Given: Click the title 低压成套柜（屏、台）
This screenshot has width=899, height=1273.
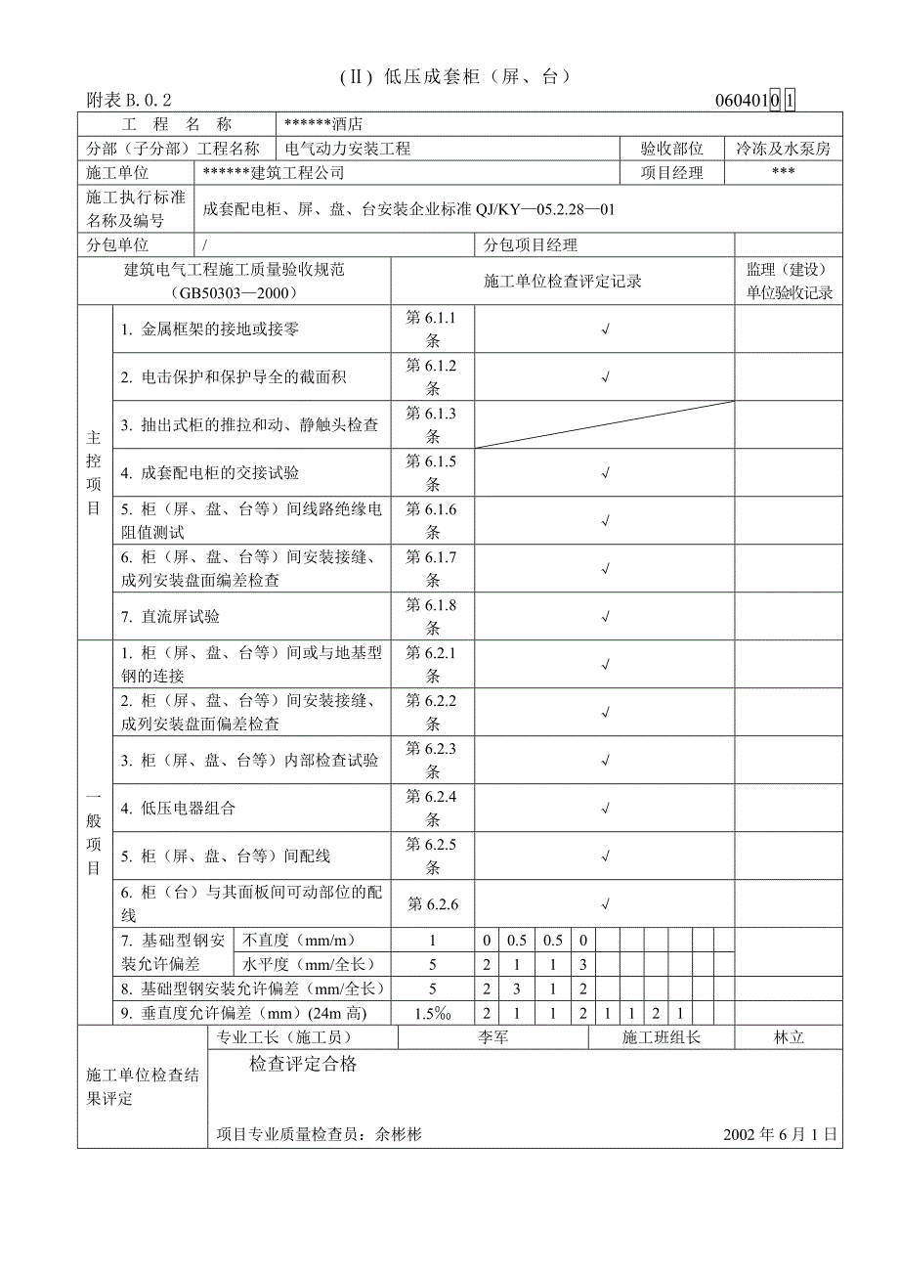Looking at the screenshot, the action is coord(454,76).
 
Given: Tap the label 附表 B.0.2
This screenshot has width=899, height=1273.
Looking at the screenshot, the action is coord(128,100).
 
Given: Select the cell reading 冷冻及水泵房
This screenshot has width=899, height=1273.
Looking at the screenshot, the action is coord(783,149).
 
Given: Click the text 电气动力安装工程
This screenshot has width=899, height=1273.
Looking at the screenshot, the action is coord(348,149).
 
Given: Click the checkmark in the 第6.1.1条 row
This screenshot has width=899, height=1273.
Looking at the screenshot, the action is coord(605,329).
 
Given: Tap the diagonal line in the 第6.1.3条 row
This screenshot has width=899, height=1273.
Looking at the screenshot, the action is coord(605,424).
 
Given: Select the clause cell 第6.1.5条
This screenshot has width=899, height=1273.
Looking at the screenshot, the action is coord(432,473).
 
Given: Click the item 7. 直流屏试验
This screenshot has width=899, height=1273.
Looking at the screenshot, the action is coord(170,617).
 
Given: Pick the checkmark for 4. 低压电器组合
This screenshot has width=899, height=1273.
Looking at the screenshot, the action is coord(605,809).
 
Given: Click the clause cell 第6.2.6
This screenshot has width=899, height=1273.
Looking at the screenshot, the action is coord(432,904).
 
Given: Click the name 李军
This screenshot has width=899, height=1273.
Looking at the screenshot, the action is coord(492,1037).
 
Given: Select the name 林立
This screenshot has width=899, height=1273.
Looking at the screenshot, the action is coord(789,1037).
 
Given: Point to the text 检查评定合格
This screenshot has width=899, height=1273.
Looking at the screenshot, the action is coord(303,1065).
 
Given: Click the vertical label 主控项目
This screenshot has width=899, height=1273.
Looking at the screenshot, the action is coord(94,473).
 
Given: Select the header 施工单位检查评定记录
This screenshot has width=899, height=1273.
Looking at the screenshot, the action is coord(563,282).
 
